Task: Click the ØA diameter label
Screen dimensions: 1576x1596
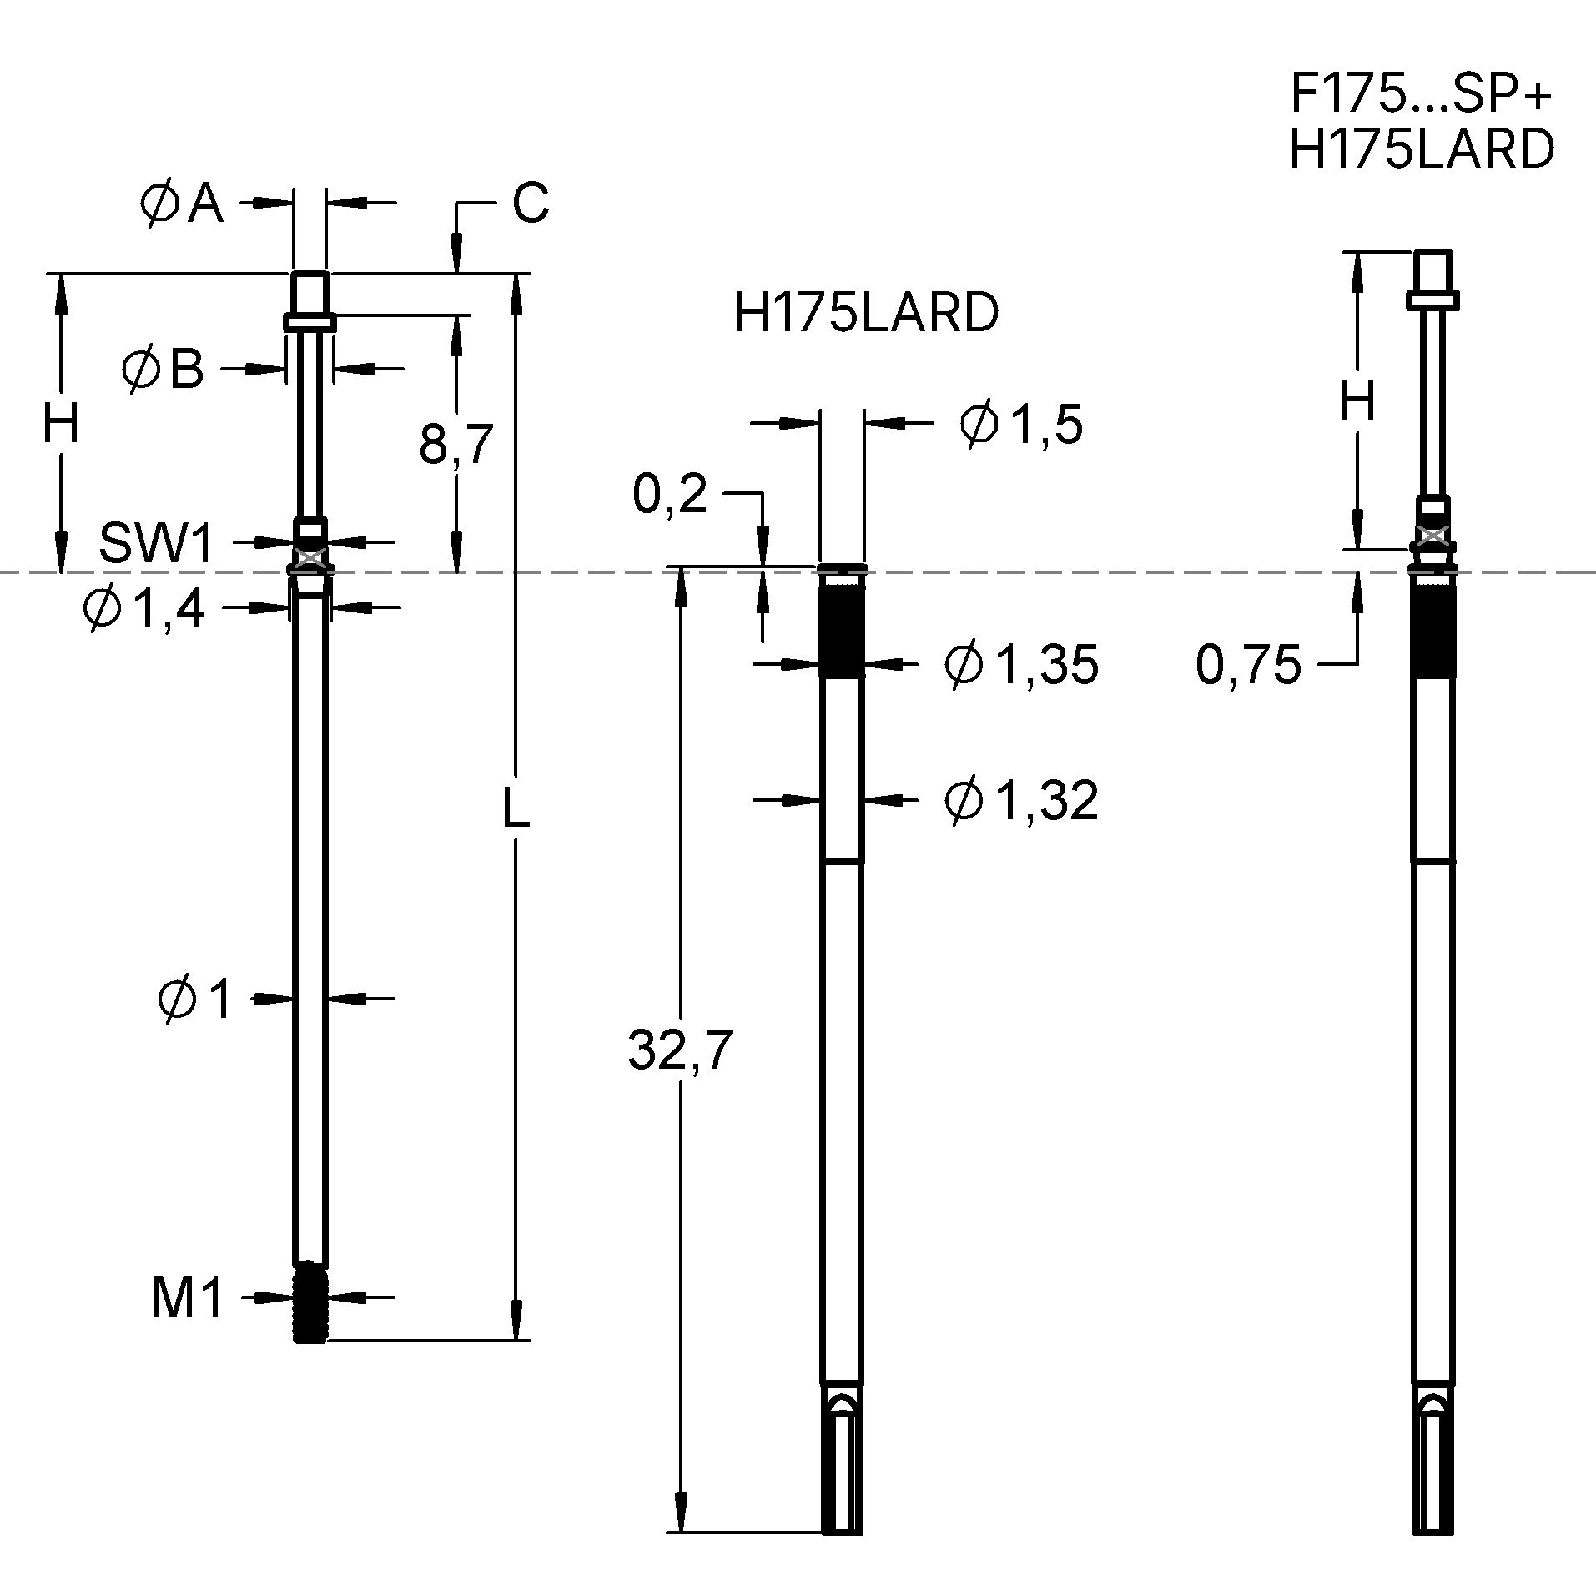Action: coord(182,204)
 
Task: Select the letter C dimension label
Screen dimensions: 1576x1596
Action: coord(531,203)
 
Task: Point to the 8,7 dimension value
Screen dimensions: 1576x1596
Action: coord(456,444)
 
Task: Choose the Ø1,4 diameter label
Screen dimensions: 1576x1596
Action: coord(143,608)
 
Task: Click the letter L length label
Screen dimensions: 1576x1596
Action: coord(516,808)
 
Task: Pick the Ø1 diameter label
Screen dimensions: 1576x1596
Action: coord(195,999)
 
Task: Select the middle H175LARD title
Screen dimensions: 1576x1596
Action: coord(865,314)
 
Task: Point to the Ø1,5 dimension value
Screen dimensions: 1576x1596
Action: coord(1021,424)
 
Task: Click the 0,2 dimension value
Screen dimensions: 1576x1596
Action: coord(670,494)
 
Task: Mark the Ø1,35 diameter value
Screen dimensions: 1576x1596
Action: coord(1021,665)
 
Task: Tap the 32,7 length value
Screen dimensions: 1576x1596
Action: coord(680,1050)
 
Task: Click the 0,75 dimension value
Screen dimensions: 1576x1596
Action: coord(1248,665)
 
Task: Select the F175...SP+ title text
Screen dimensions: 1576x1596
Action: coord(1421,93)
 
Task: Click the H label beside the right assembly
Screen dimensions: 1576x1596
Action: coord(1357,403)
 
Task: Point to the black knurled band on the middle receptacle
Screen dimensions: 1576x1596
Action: coord(841,630)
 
